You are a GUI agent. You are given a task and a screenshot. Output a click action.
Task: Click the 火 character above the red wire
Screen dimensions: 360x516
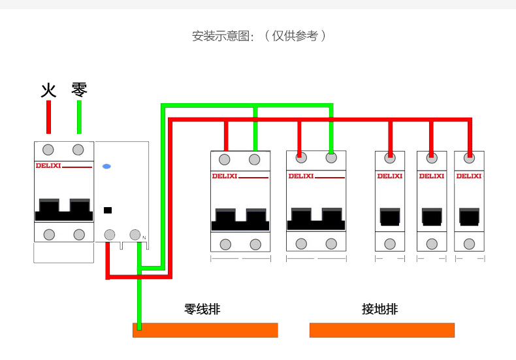tap(48, 90)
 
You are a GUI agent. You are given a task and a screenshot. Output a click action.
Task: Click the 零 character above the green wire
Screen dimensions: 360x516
tap(79, 89)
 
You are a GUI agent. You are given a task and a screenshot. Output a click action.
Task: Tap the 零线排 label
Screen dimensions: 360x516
tap(202, 309)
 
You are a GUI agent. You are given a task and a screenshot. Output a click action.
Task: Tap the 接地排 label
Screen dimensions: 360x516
tap(379, 309)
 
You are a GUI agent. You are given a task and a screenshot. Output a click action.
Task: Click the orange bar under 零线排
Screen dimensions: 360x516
tap(205, 330)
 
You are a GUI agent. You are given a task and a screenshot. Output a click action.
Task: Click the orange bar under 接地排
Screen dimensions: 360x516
tap(381, 330)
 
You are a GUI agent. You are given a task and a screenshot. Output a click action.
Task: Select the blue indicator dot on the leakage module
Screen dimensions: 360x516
tap(107, 167)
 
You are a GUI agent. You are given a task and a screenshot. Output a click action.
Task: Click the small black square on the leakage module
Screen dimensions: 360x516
tap(108, 210)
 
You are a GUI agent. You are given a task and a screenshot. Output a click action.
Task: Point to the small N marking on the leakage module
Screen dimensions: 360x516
tap(144, 238)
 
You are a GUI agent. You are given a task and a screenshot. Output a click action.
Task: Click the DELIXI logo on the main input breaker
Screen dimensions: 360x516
tap(48, 166)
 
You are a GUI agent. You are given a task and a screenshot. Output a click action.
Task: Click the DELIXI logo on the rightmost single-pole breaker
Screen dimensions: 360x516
tap(468, 176)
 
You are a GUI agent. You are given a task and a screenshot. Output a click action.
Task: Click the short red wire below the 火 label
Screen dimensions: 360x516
tap(48, 117)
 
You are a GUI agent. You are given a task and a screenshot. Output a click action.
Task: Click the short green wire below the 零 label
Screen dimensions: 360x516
tap(79, 117)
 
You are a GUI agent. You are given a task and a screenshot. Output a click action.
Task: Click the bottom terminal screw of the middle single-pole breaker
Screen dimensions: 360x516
tap(432, 244)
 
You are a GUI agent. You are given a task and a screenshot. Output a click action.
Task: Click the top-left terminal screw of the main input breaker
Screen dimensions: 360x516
tap(49, 150)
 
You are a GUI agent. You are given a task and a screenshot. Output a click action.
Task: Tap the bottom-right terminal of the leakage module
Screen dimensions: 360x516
tap(135, 234)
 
